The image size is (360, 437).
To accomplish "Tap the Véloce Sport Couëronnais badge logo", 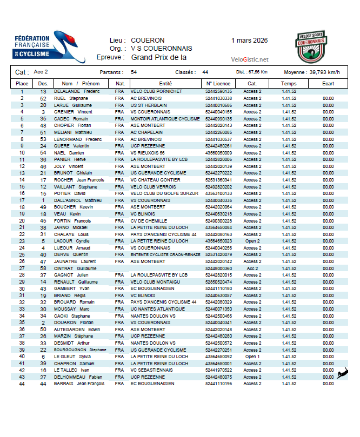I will (311, 48).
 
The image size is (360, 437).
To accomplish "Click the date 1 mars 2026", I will (249, 41).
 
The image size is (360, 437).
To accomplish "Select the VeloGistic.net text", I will (249, 59).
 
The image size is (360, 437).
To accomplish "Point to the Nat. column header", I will (120, 84).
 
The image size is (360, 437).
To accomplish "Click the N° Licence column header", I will (218, 84).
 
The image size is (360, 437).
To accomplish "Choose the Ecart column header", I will (328, 84).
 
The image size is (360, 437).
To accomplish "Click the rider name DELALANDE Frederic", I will (77, 92).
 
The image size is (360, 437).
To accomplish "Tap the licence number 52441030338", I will (218, 98).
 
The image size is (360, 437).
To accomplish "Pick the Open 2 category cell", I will (252, 241).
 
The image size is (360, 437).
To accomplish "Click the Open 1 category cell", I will (252, 357).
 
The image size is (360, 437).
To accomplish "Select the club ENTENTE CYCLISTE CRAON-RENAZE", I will (165, 254).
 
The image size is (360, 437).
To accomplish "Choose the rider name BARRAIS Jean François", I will (79, 384).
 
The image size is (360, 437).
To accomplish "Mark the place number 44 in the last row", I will (22, 384).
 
